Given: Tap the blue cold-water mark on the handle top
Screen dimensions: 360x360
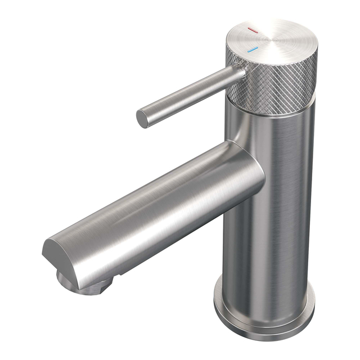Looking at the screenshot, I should point(253,50).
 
